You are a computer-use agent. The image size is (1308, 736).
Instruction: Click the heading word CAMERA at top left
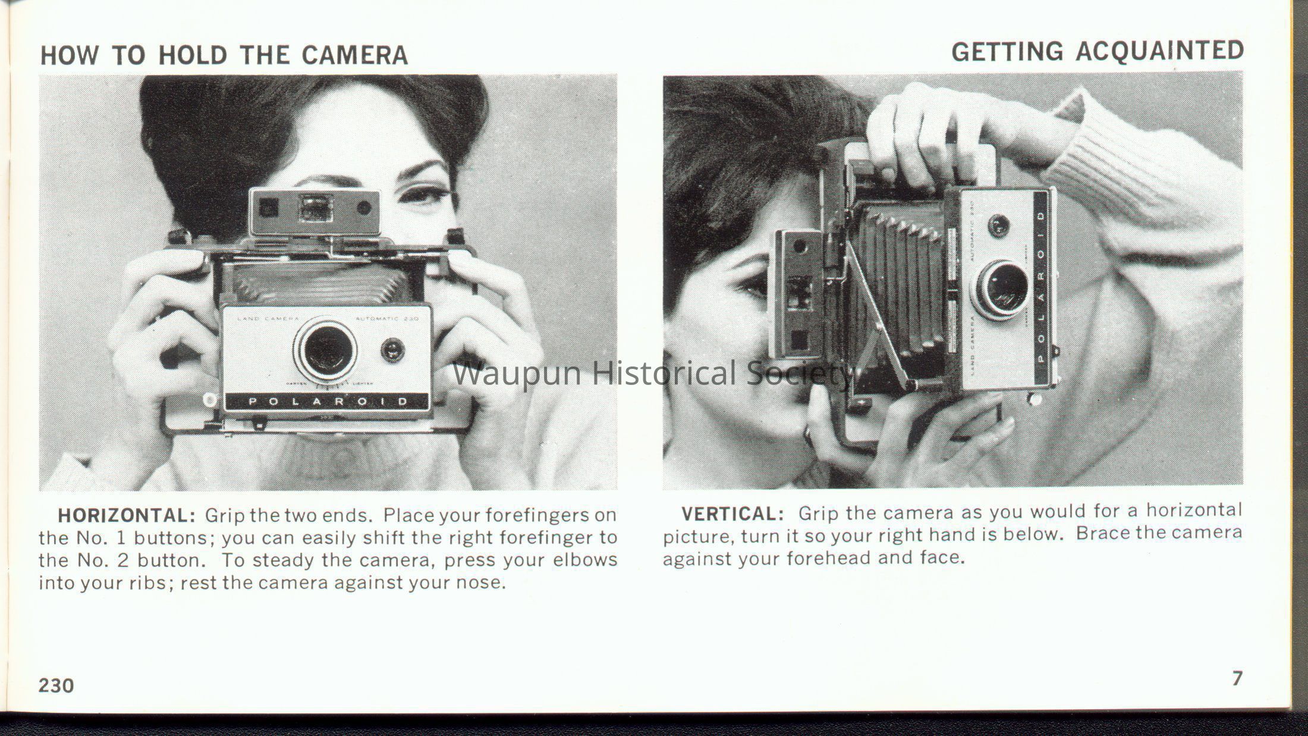[354, 55]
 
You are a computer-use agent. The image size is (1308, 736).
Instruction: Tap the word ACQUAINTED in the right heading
[1160, 51]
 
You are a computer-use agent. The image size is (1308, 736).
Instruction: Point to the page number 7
[1237, 678]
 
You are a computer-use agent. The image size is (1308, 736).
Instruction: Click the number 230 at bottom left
[56, 685]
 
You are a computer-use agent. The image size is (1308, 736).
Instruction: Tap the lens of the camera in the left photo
[325, 349]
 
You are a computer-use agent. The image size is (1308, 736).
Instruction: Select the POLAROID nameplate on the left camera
[326, 402]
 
